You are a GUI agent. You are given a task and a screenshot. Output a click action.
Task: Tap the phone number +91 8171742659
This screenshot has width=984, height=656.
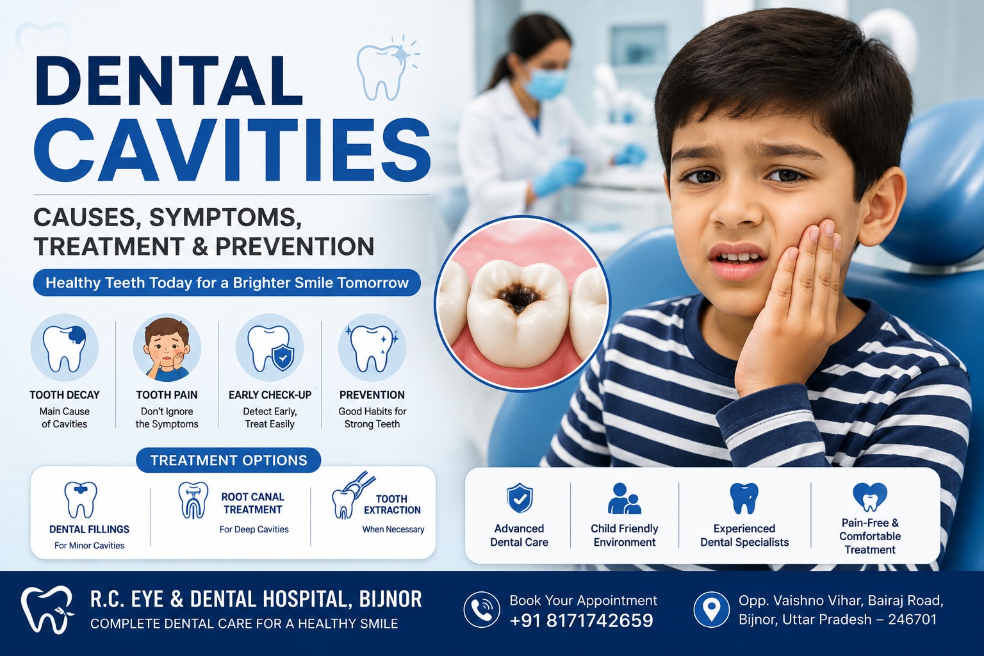point(581,620)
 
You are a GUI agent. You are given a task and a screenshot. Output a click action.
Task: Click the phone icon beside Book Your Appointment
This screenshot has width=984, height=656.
point(482,609)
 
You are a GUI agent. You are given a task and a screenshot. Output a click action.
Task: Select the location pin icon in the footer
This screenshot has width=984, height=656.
point(711,609)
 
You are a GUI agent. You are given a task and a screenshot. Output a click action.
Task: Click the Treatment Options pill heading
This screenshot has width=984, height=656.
point(229,460)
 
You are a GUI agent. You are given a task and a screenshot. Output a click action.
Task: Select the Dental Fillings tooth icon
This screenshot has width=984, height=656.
point(80,500)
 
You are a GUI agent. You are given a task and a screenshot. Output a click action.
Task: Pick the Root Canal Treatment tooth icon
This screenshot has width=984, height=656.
point(193,500)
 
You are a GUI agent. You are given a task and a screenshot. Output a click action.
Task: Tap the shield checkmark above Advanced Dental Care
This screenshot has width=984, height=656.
point(520,498)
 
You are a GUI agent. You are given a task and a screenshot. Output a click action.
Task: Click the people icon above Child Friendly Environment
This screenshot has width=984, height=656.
point(624,498)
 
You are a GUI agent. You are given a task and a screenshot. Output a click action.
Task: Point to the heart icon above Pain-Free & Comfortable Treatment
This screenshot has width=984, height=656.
point(870,497)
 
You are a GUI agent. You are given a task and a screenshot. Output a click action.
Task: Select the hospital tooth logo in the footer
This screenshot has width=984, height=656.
point(47,609)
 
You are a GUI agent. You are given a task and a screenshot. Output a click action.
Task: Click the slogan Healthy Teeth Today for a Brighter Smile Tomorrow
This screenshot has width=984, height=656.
point(227,283)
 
